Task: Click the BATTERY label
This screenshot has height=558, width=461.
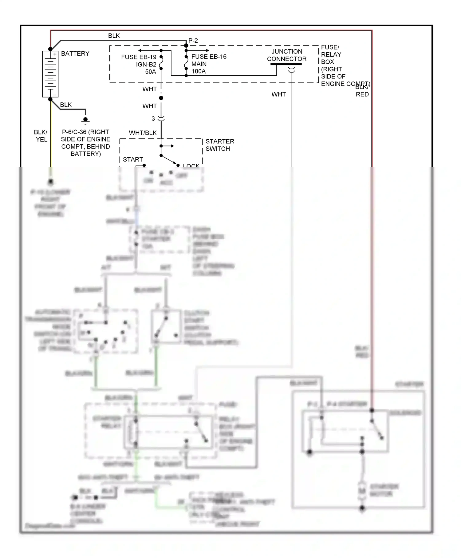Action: pos(75,54)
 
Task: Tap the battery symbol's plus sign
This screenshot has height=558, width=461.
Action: pos(55,54)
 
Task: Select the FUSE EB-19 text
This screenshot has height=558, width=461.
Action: pos(139,57)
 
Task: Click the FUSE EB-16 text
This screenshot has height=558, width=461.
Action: pos(209,57)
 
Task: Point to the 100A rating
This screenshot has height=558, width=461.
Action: pos(199,71)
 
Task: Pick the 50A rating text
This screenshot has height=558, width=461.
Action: pos(151,72)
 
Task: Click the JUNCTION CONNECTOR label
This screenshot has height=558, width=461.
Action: pos(286,55)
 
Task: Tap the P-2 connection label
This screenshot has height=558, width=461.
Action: pos(193,41)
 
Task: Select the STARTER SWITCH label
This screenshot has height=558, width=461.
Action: pos(219,145)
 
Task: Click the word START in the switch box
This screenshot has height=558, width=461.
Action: pos(133,159)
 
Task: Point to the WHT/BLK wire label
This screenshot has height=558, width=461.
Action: pos(143,133)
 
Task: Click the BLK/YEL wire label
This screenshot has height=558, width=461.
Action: pos(41,136)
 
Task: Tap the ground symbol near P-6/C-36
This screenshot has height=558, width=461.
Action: pos(85,121)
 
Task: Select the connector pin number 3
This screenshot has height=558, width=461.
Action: pos(153,118)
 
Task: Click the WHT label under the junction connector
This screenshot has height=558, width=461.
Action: pos(278,94)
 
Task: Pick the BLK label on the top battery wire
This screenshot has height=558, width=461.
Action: pos(114,36)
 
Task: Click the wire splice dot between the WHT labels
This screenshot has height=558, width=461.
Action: pos(161,98)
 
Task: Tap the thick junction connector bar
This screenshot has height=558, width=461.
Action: pos(286,64)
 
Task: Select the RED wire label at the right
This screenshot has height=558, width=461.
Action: pos(362,94)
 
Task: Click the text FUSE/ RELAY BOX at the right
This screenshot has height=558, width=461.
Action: pos(331,54)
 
